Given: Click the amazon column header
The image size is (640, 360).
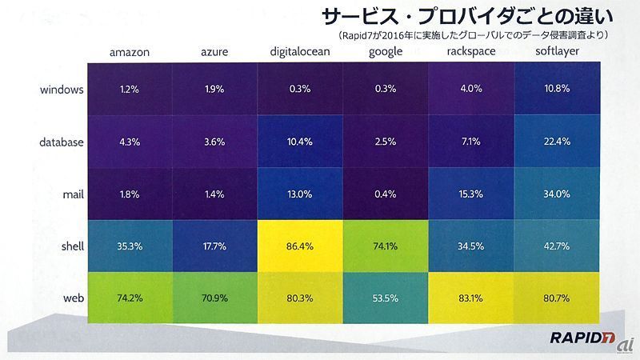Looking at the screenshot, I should (x=129, y=54).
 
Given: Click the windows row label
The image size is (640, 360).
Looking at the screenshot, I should (x=62, y=90).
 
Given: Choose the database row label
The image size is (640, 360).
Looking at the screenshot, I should (x=62, y=142).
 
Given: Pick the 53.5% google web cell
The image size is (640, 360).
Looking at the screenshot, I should (x=385, y=298).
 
